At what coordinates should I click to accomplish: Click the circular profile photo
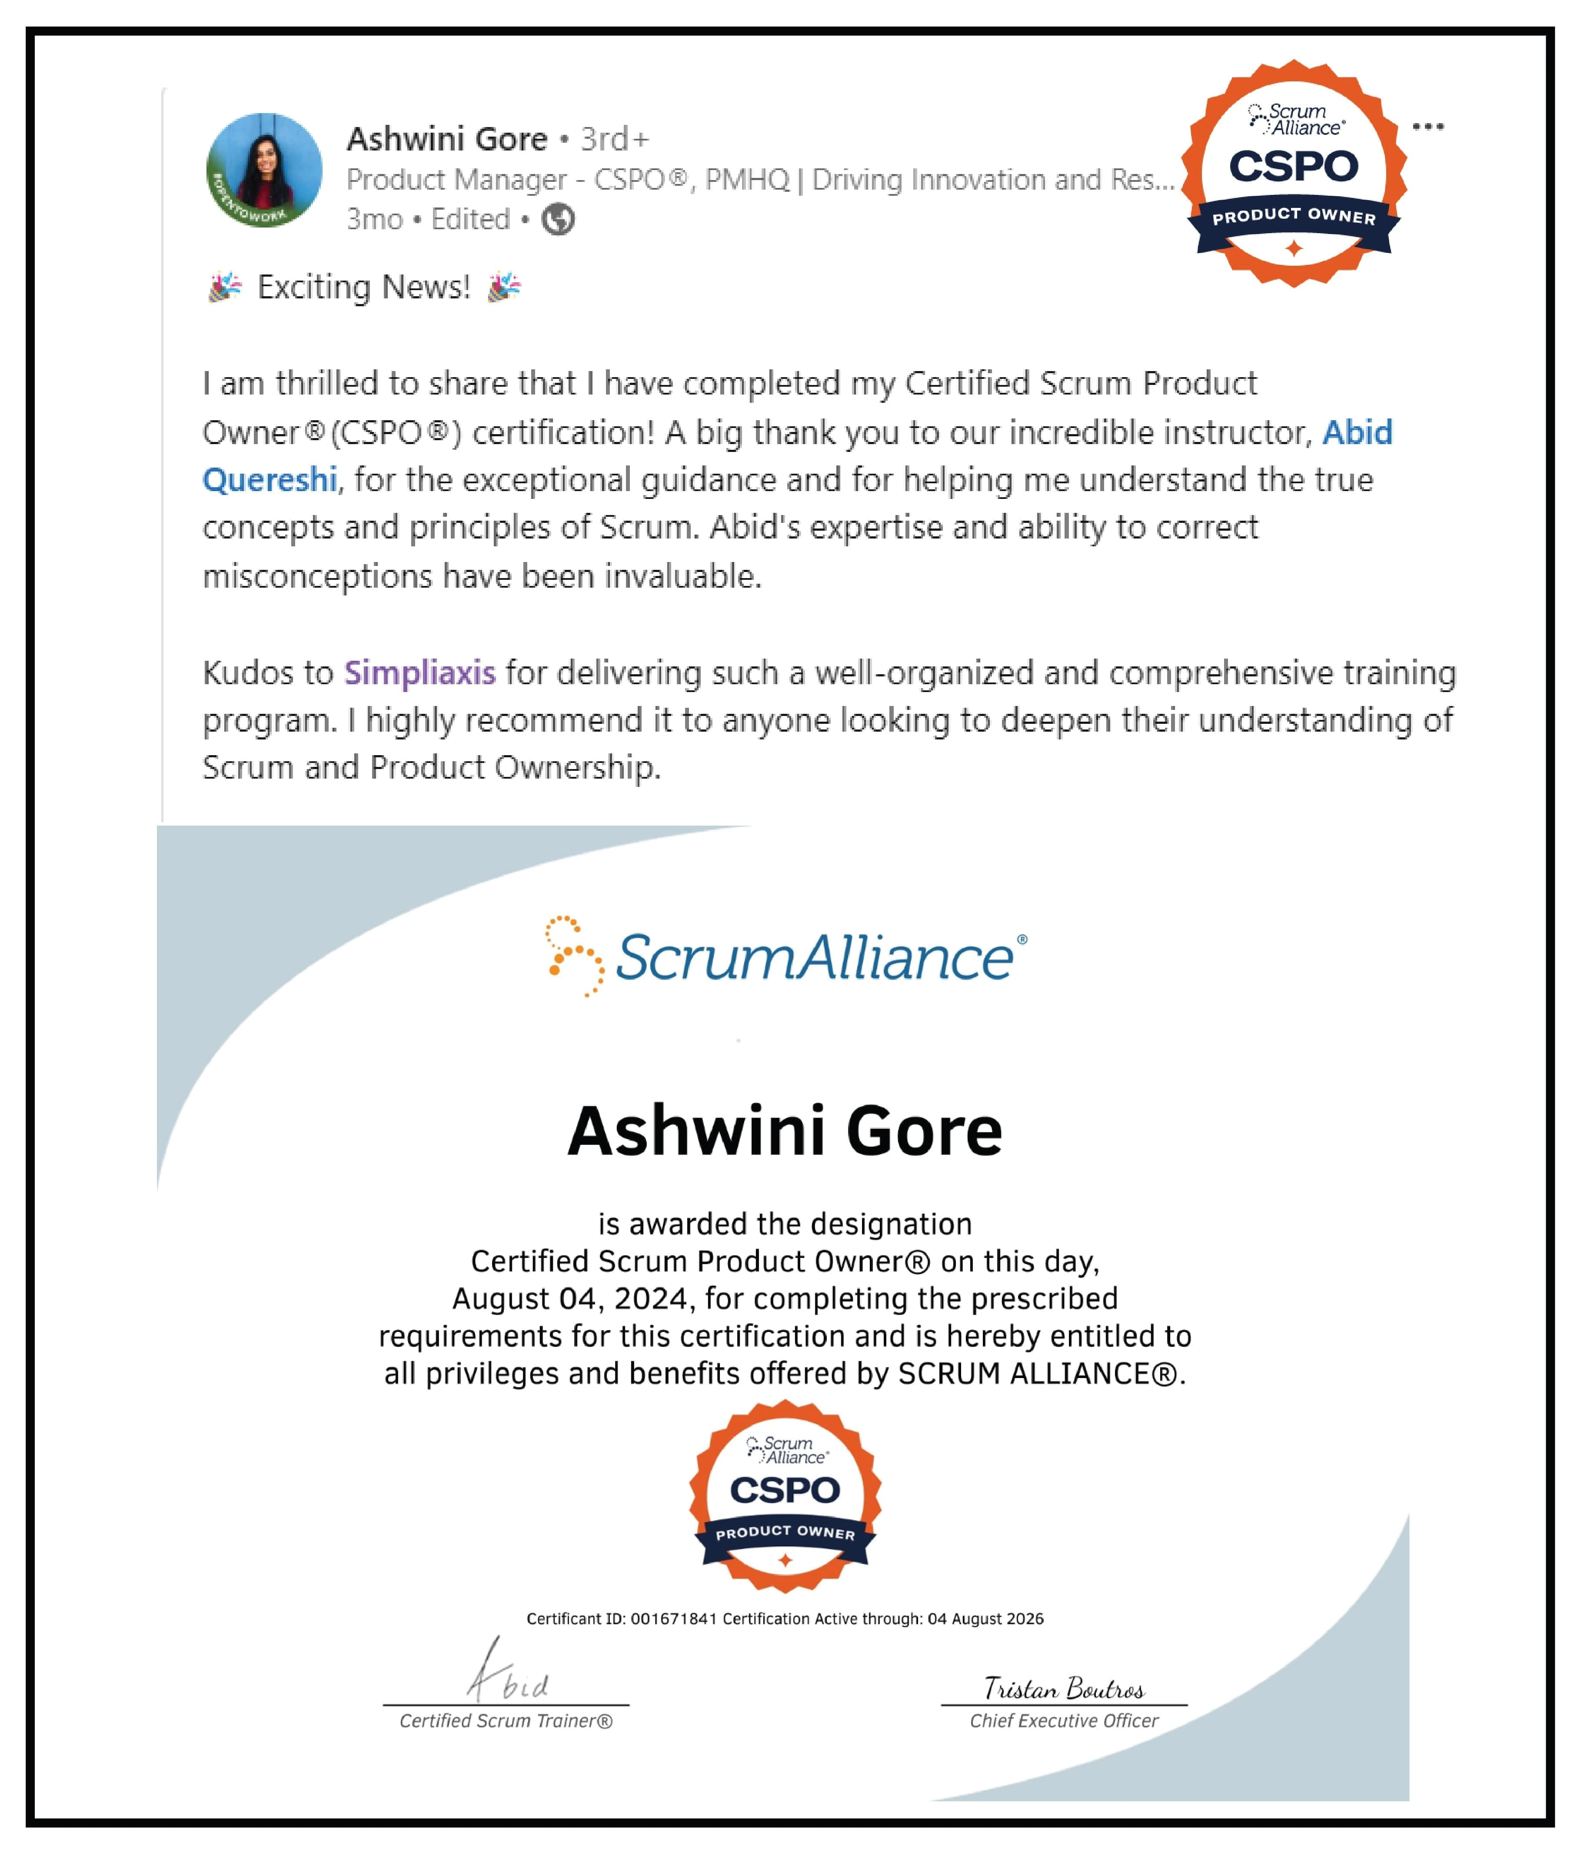pyautogui.click(x=264, y=170)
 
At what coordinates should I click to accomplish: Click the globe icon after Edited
pyautogui.click(x=559, y=219)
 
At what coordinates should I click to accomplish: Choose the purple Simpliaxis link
pyautogui.click(x=419, y=672)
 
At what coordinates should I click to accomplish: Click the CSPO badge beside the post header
pyautogui.click(x=1294, y=174)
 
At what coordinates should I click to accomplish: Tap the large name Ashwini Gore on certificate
pyautogui.click(x=785, y=1131)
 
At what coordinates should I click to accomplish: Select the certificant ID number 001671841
pyautogui.click(x=674, y=1619)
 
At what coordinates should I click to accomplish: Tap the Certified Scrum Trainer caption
pyautogui.click(x=506, y=1720)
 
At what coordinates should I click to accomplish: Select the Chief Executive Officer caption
pyautogui.click(x=1064, y=1720)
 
